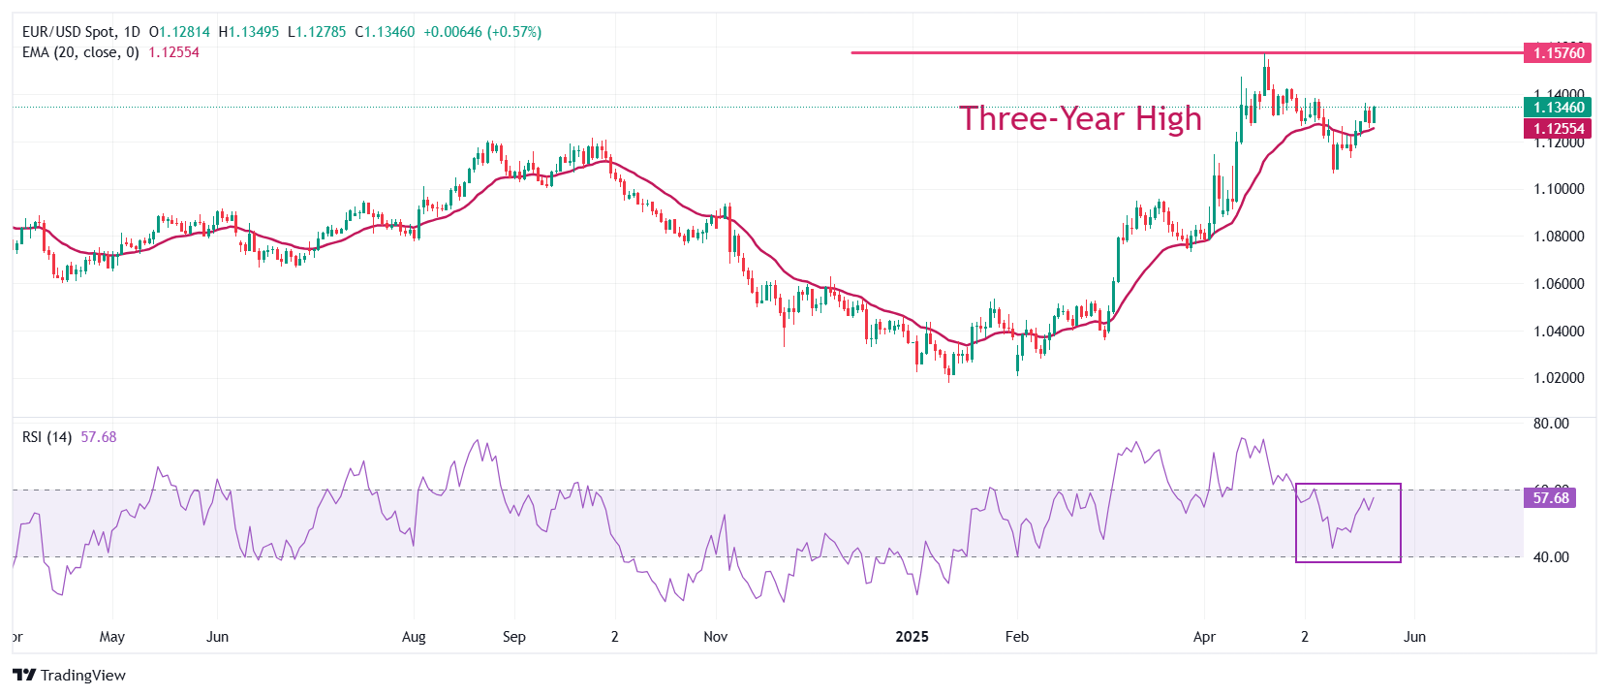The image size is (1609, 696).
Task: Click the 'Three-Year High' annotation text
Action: click(x=1080, y=118)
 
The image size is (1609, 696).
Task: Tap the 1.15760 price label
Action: click(x=1559, y=52)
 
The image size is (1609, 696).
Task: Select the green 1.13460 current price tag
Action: click(x=1559, y=108)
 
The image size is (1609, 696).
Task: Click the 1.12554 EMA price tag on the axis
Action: click(x=1559, y=129)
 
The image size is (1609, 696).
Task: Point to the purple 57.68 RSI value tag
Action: click(x=1551, y=498)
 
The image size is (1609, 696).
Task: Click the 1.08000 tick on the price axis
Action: click(x=1559, y=237)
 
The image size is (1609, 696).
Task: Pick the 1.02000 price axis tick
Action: click(x=1559, y=378)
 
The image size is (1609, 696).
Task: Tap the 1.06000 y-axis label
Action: click(x=1559, y=284)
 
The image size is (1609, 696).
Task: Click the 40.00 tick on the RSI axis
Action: click(x=1551, y=557)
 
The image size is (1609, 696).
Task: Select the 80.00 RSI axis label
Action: click(x=1551, y=424)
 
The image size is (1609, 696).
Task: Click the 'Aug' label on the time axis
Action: click(x=414, y=637)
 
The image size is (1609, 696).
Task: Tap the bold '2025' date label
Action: click(x=912, y=637)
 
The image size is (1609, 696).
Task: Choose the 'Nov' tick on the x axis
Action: click(x=716, y=637)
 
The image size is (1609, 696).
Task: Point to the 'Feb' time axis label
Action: click(x=1017, y=637)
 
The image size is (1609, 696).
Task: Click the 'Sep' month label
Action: click(x=514, y=637)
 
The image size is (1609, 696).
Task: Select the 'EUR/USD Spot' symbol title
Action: click(x=69, y=32)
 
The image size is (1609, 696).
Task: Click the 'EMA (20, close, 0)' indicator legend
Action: click(x=80, y=52)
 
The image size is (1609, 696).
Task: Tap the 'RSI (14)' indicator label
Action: click(x=46, y=437)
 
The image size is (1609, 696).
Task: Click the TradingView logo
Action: click(x=70, y=675)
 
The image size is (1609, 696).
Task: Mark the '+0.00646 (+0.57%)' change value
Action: click(x=482, y=32)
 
